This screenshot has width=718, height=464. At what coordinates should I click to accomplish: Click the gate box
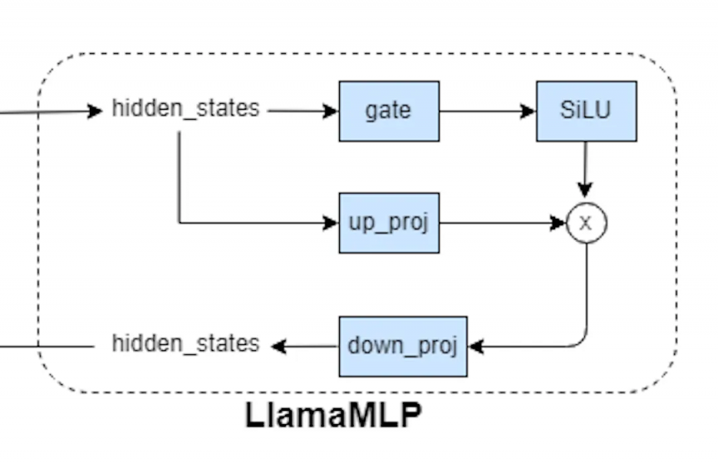[x=389, y=111]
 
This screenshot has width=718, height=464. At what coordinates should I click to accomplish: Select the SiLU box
[x=586, y=111]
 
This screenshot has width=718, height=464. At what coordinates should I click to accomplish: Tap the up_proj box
[x=389, y=223]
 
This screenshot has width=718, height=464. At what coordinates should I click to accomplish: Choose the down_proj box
[x=403, y=346]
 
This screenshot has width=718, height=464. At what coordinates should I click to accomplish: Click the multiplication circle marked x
[x=587, y=223]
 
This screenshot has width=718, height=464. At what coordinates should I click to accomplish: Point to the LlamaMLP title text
[x=333, y=415]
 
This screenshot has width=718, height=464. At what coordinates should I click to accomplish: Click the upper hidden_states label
[x=185, y=108]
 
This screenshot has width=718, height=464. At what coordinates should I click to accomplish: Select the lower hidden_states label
[x=185, y=343]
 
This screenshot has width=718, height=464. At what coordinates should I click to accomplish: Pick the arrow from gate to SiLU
[x=487, y=111]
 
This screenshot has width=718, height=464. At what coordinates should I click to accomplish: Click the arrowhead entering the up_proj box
[x=331, y=223]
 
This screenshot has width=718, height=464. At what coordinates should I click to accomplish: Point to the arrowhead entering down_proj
[x=475, y=346]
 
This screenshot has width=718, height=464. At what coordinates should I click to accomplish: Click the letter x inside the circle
[x=587, y=223]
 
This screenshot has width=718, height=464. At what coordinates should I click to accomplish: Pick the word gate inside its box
[x=388, y=111]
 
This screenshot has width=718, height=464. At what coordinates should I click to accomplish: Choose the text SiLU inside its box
[x=585, y=111]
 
